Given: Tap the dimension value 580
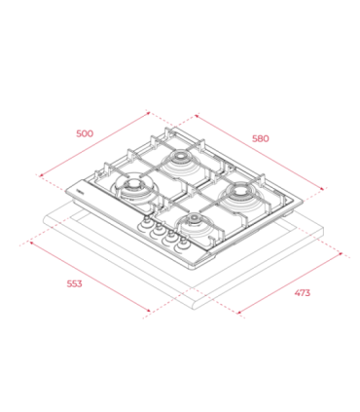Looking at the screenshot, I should [x=260, y=137].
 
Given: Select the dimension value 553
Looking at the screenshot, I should [x=74, y=283].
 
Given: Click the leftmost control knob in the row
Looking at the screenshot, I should [x=146, y=223].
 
